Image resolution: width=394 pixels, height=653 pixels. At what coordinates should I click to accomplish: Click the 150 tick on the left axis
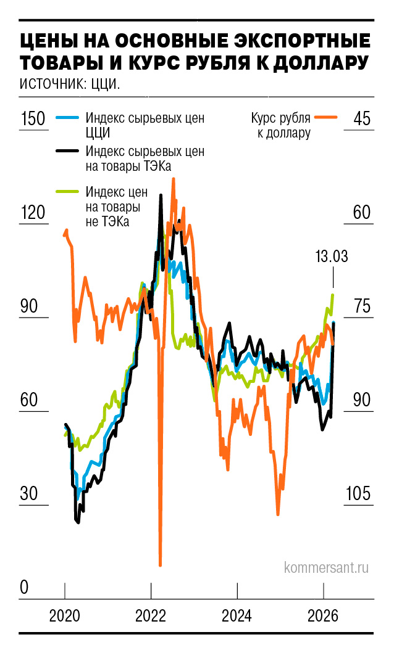pos(32,119)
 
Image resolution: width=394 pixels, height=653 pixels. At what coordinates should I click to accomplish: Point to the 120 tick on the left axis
pos(32,213)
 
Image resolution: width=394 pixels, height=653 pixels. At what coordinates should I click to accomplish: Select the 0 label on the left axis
pos(24,588)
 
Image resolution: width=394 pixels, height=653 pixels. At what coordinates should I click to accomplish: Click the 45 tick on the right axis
pos(361,119)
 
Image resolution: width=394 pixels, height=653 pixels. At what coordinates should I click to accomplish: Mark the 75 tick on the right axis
pos(361,307)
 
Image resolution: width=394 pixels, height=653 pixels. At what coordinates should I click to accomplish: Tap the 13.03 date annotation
pos(331,257)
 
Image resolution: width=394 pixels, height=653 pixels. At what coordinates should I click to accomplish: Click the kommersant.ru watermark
pos(326,567)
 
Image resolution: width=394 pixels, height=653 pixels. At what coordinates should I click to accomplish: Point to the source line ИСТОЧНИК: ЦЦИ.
pos(69,84)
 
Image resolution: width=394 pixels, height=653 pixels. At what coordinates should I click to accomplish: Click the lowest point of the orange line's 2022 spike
pos(160,564)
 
